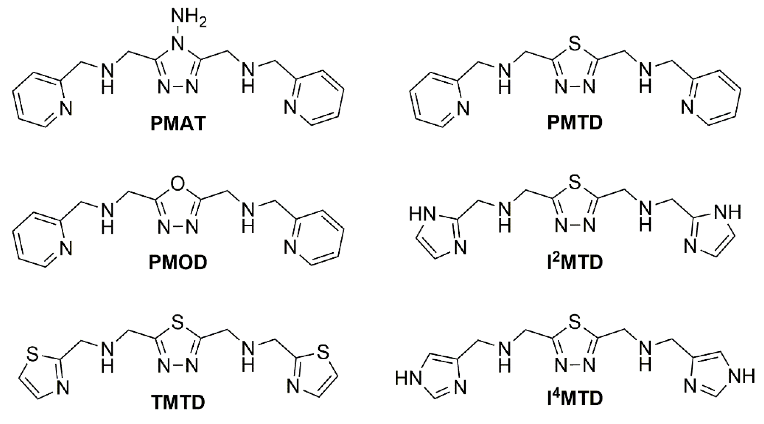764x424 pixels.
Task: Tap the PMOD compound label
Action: click(x=178, y=263)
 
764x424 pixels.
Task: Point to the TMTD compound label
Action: click(x=178, y=402)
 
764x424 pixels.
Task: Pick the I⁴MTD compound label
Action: click(x=575, y=398)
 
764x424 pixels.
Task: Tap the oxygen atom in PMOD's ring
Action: click(x=178, y=184)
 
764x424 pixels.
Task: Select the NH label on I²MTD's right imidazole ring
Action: click(x=727, y=212)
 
